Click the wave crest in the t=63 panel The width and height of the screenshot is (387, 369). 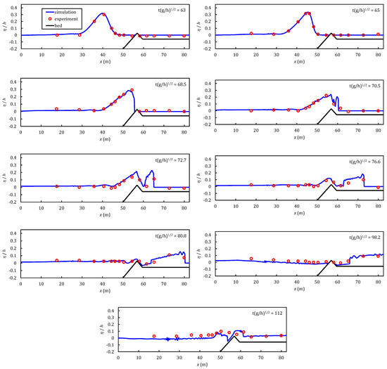[104, 14]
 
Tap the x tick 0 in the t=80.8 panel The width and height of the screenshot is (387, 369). [22, 287]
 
